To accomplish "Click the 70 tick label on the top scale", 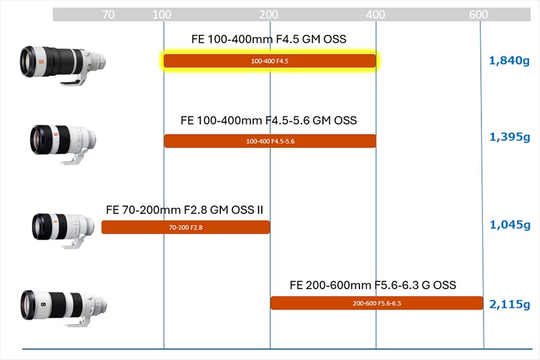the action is point(108,14).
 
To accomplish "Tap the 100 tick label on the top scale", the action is point(162,14).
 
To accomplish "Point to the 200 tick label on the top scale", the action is point(268,14).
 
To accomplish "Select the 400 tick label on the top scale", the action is point(376,14).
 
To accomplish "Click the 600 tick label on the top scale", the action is point(478,14).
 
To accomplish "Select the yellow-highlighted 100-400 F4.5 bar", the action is point(270,61).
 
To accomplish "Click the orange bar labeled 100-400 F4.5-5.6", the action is point(270,141).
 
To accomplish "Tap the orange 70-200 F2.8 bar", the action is point(186,227).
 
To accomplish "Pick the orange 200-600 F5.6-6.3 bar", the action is point(377,303).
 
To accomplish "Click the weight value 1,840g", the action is point(509,60).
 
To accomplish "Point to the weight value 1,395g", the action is point(509,137).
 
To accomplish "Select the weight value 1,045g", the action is point(510,225).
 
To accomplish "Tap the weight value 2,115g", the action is point(509,304).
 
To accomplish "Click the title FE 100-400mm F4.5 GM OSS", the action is point(268,39).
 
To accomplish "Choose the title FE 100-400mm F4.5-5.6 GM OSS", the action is point(268,120).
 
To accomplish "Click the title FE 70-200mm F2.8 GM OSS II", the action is point(185,210).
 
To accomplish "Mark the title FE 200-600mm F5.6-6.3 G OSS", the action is point(373,285).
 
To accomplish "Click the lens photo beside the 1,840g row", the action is point(62,65).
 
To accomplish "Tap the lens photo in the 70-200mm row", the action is point(63,230).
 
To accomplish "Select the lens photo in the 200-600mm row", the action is point(64,308).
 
